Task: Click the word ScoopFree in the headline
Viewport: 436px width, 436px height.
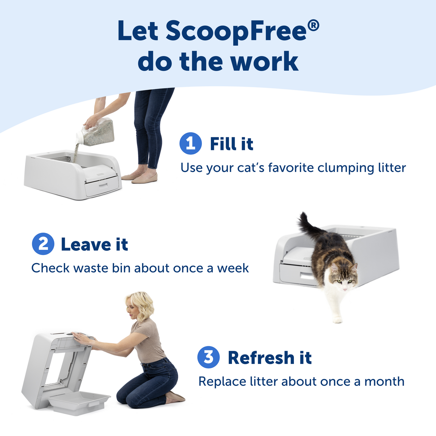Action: point(236,31)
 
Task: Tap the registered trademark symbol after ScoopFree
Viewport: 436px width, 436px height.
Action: point(313,26)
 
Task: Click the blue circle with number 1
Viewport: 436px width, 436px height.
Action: point(190,143)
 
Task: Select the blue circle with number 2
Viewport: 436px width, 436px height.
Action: point(43,244)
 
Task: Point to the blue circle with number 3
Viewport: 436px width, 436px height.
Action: point(208,357)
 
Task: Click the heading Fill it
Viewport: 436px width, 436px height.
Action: point(231,144)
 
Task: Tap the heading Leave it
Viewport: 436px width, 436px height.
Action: point(94,244)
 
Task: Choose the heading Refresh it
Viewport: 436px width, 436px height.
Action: point(269,358)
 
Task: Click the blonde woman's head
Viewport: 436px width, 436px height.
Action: point(139,306)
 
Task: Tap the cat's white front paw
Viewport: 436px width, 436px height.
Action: point(337,320)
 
